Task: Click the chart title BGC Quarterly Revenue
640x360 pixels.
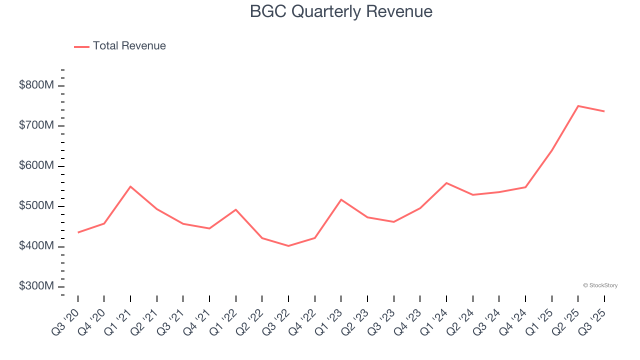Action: pos(341,11)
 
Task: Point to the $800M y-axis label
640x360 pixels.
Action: pos(36,85)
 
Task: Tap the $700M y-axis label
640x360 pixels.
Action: pos(36,125)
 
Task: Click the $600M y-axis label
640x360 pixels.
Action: pos(36,166)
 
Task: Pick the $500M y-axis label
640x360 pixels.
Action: pos(36,206)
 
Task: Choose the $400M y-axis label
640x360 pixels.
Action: pos(36,246)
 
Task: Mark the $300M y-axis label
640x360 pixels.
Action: pos(36,286)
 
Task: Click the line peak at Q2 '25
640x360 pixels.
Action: pos(578,106)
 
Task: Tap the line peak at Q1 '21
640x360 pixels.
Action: pos(130,186)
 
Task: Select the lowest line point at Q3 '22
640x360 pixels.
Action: pos(288,246)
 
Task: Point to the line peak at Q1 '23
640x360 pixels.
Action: pos(341,199)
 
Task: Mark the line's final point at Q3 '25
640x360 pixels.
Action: pos(604,111)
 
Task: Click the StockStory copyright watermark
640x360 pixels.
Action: pos(600,285)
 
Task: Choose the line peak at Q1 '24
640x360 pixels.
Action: pos(446,183)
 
